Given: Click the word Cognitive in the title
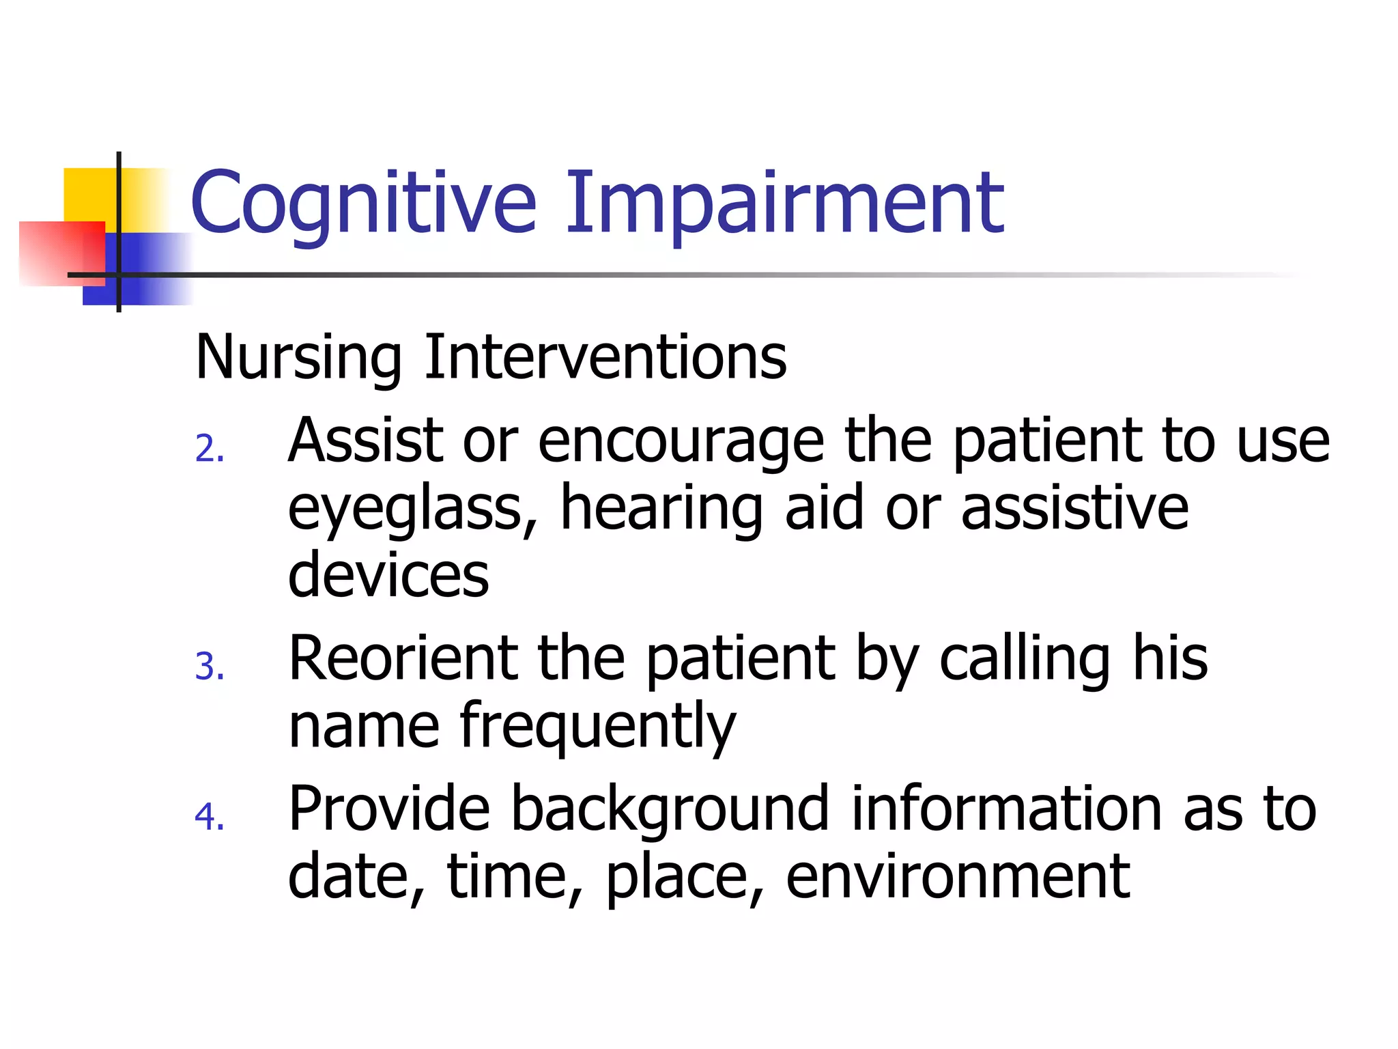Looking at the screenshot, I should [x=362, y=204].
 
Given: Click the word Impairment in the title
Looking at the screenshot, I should [x=784, y=204].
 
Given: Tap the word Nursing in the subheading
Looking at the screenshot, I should [x=298, y=358].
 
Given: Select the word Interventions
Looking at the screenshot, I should [x=605, y=356].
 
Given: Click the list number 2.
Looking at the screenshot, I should [x=208, y=449].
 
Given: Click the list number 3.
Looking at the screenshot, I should [x=208, y=667].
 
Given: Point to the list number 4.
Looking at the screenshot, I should [x=208, y=817].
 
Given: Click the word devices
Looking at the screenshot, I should [x=388, y=574].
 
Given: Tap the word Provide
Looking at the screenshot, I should [x=388, y=809].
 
